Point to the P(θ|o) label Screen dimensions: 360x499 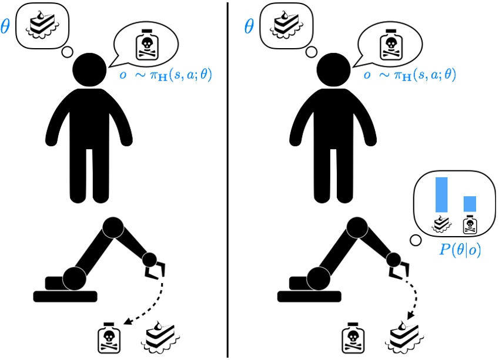[460, 249]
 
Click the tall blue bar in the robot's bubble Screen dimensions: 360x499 [441, 194]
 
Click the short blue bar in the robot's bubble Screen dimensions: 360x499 [470, 203]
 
